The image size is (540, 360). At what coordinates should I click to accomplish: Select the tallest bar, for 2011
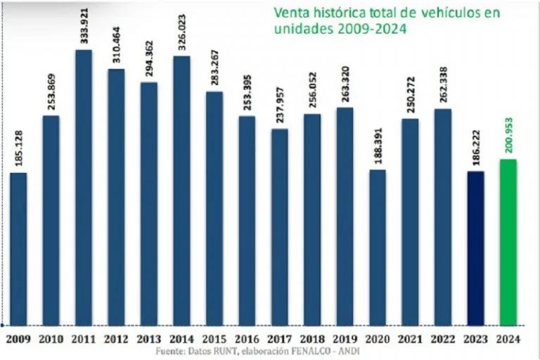[83, 186]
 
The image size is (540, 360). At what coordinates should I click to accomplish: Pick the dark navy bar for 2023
[476, 247]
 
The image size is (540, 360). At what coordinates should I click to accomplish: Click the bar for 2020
[378, 246]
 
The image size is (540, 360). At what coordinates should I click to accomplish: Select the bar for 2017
[280, 226]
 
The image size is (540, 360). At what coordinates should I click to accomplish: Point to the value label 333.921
[83, 26]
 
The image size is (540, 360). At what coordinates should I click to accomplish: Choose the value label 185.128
[18, 149]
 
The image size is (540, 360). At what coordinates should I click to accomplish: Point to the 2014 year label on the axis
[181, 338]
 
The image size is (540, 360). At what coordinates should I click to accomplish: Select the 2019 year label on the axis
[345, 338]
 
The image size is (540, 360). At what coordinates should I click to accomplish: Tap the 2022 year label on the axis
[443, 338]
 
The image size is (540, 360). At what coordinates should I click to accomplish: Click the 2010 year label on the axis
[51, 338]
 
